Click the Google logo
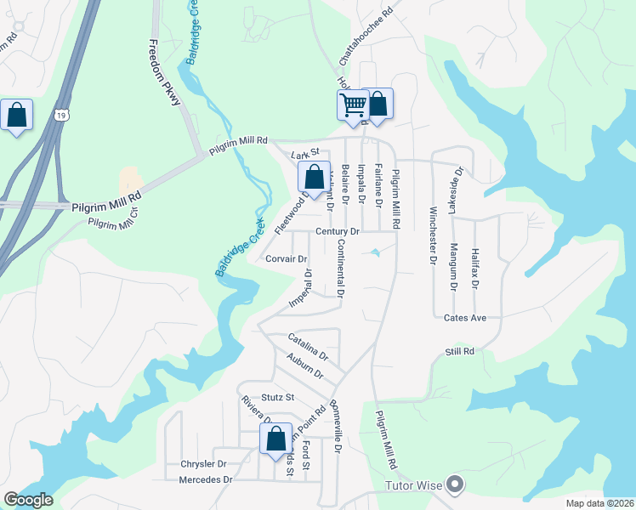click(x=28, y=500)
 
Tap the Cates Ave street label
click(x=464, y=318)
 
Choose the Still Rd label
click(x=458, y=351)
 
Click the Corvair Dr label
click(x=286, y=258)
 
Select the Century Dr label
click(x=338, y=231)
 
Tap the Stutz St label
click(x=277, y=397)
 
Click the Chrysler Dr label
click(x=203, y=464)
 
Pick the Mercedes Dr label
click(x=206, y=479)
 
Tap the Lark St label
click(x=303, y=155)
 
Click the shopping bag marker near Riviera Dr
click(x=275, y=440)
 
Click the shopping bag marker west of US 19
click(x=16, y=116)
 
